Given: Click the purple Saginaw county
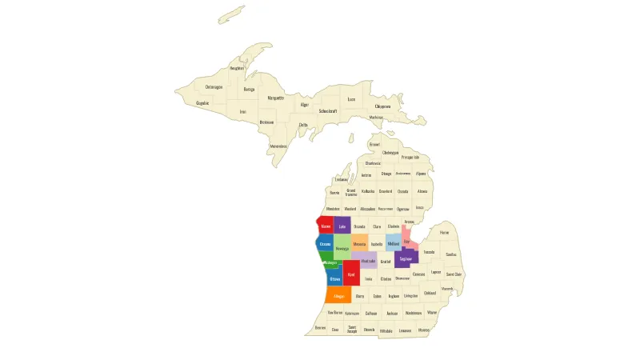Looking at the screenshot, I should click(406, 259).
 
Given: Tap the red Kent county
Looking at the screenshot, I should click(351, 274).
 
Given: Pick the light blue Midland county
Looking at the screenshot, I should click(394, 242).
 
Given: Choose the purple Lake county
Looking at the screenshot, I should click(342, 226).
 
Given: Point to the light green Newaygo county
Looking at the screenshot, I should click(342, 247).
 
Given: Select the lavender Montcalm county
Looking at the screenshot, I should click(368, 260).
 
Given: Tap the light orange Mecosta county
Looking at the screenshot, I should click(359, 243).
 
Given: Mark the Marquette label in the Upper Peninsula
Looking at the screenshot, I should click(276, 98).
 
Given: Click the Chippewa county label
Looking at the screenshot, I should click(383, 106).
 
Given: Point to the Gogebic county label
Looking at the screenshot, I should click(202, 102).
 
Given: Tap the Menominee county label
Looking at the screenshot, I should click(278, 146).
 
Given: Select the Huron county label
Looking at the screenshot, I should click(445, 233).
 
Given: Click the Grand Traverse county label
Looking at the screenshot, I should click(351, 192).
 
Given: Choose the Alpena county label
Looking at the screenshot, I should click(421, 173).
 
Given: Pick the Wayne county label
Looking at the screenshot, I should click(432, 312).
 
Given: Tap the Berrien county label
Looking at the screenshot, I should click(320, 328).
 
